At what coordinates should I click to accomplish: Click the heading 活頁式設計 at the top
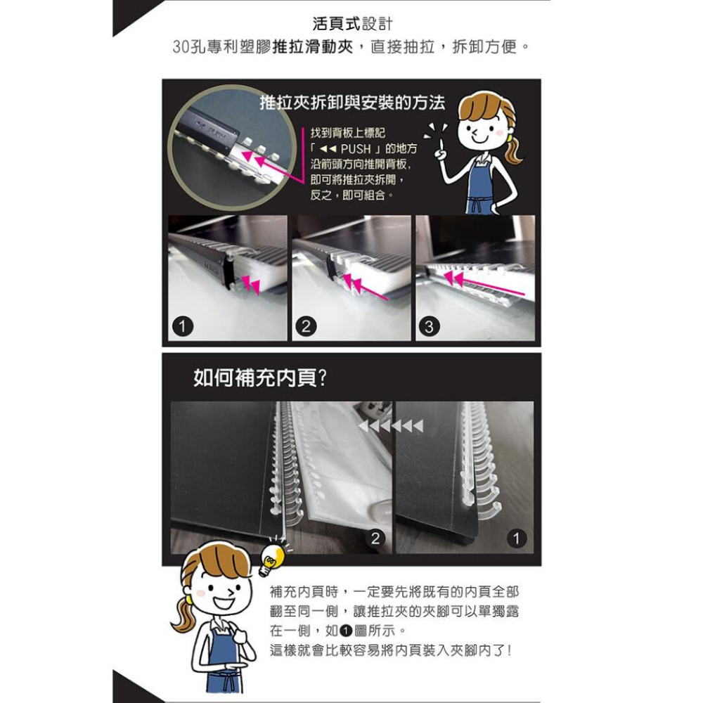352,25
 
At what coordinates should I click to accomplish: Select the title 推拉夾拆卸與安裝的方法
352,103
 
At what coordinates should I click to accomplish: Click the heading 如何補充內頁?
260,380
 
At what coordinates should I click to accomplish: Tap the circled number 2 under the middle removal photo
306,326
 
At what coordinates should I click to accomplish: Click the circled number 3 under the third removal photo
430,326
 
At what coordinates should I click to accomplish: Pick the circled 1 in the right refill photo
517,538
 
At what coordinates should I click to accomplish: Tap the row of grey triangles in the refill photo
391,427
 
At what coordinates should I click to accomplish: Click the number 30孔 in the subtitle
189,49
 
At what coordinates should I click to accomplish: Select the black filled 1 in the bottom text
345,630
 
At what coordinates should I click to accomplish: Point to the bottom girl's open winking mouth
224,602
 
